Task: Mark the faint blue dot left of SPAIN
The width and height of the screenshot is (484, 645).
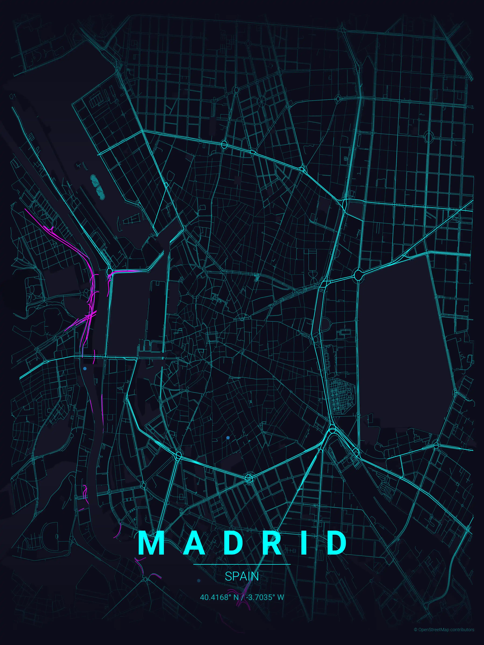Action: [199, 580]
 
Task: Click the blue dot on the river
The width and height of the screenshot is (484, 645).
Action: [85, 369]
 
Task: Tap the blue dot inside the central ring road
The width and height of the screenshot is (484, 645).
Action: [228, 438]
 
